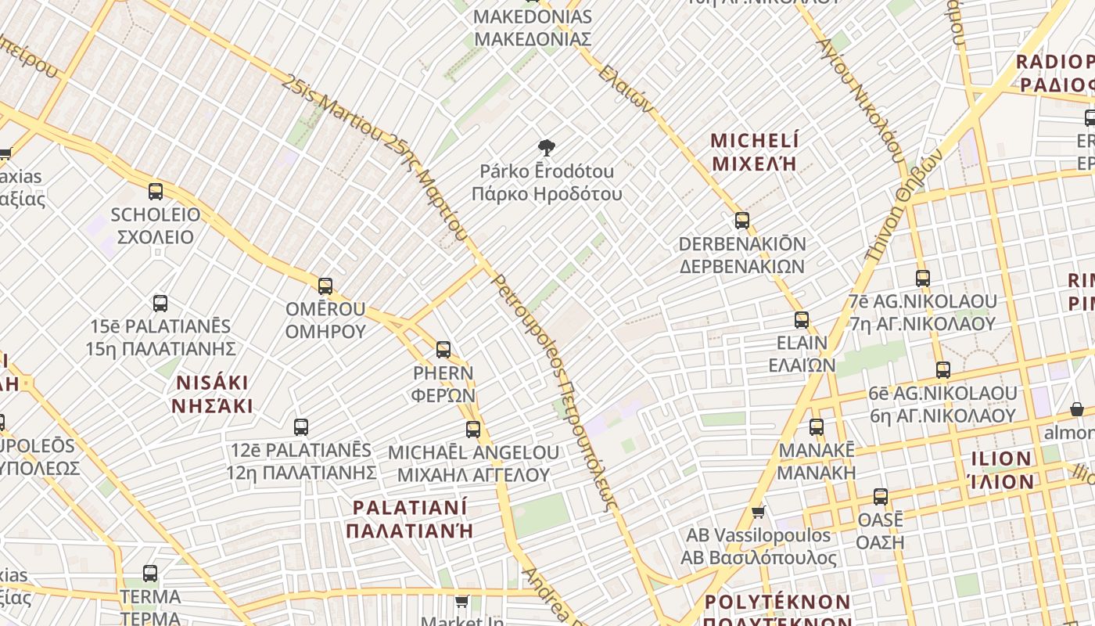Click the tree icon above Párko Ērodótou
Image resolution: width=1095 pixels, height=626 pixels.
click(x=547, y=147)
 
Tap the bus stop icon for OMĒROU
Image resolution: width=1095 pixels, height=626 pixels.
click(x=325, y=286)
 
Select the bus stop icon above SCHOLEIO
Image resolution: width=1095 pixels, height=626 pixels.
click(x=156, y=192)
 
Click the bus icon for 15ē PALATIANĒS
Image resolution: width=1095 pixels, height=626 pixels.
click(x=160, y=304)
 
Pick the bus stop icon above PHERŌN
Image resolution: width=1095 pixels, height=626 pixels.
click(x=443, y=350)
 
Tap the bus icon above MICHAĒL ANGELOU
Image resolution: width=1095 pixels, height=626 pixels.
click(x=473, y=430)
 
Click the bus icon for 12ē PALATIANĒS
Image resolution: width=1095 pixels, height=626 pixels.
click(x=301, y=427)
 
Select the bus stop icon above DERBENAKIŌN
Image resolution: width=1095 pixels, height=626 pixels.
click(x=742, y=221)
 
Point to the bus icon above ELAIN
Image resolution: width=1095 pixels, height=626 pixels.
click(x=802, y=320)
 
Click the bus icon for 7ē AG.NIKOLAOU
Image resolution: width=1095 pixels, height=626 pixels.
click(x=923, y=279)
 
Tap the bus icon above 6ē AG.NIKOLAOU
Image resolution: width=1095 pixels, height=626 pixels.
click(x=943, y=370)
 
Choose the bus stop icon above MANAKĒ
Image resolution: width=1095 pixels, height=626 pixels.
click(x=817, y=427)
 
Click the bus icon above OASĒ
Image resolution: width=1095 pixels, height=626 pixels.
click(x=881, y=497)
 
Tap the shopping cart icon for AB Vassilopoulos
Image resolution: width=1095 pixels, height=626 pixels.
click(x=758, y=513)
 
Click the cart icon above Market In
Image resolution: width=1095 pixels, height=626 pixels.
click(x=462, y=602)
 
